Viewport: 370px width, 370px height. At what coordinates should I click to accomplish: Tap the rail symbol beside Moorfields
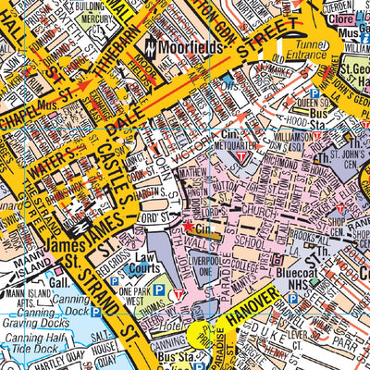coord(150,46)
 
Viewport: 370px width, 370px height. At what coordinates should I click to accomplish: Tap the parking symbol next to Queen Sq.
coord(314,93)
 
